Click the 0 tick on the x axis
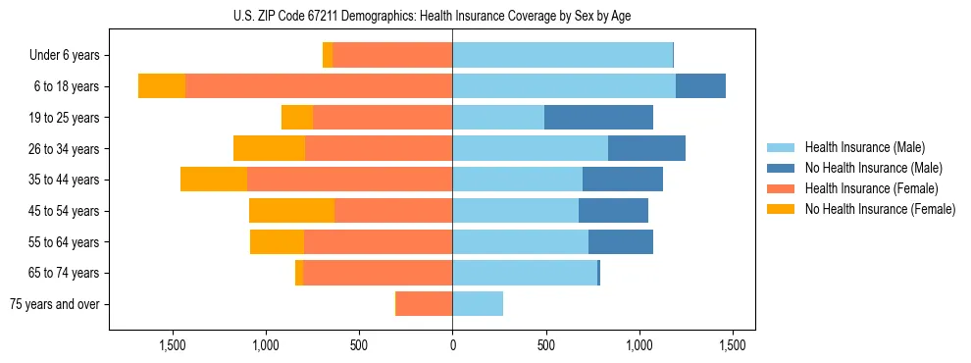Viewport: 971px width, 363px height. (452, 345)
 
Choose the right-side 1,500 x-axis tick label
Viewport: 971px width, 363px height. (733, 345)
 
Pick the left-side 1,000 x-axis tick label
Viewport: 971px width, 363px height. (266, 345)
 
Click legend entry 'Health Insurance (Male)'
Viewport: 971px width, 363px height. (864, 148)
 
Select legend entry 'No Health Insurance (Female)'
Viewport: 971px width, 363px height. (880, 209)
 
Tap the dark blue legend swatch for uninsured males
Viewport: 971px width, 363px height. (781, 168)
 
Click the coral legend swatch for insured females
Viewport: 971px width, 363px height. (781, 188)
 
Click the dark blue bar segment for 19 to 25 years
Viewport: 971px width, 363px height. (598, 118)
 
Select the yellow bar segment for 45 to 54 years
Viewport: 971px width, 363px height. (291, 211)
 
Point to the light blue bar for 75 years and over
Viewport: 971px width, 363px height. (478, 304)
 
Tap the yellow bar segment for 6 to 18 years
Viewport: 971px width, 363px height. (162, 86)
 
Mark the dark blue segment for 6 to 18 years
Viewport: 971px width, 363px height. (700, 86)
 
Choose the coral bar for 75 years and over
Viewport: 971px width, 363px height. (424, 304)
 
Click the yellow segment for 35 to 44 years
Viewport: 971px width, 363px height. (214, 180)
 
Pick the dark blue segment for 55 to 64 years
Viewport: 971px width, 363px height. (621, 242)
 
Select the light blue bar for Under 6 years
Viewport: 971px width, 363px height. (562, 56)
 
